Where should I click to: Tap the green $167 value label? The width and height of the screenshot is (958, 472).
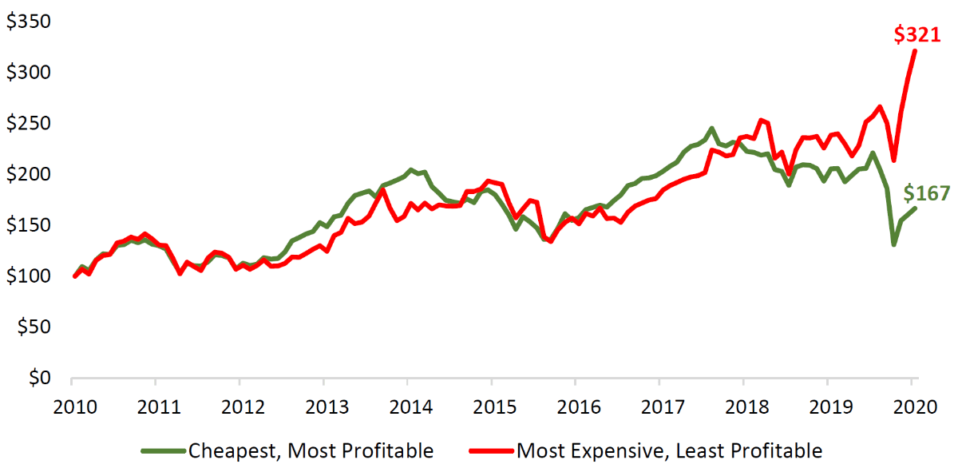pyautogui.click(x=927, y=193)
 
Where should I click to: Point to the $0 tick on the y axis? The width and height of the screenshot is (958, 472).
pyautogui.click(x=39, y=377)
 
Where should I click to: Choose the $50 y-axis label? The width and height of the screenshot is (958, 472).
pyautogui.click(x=34, y=327)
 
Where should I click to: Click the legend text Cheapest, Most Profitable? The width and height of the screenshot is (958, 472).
pyautogui.click(x=311, y=451)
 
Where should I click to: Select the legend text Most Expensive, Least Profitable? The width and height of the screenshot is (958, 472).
pyautogui.click(x=669, y=451)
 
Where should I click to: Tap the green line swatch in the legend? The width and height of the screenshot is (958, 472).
pyautogui.click(x=163, y=451)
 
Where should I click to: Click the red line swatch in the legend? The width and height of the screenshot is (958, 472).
pyautogui.click(x=491, y=451)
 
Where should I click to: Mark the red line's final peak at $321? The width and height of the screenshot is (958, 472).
pyautogui.click(x=915, y=51)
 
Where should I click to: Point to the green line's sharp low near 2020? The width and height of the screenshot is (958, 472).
pyautogui.click(x=893, y=244)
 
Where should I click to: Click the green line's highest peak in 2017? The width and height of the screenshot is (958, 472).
pyautogui.click(x=711, y=128)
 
